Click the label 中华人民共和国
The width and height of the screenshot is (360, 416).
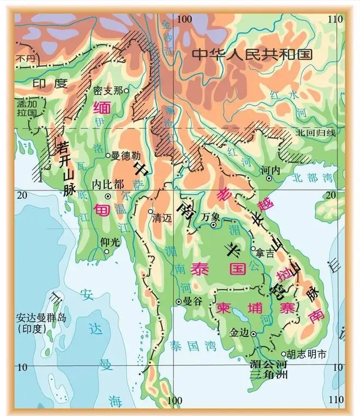pos(251,55)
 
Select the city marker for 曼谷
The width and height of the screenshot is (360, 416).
pos(178,301)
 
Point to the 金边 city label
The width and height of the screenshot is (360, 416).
pos(239,331)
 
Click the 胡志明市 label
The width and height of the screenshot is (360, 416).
pos(307,354)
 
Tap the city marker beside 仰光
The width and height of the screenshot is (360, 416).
pos(107,252)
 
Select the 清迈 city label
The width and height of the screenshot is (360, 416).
pos(162,216)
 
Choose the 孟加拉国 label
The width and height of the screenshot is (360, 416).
pos(26,108)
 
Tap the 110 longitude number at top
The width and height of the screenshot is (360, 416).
pos(337,19)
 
